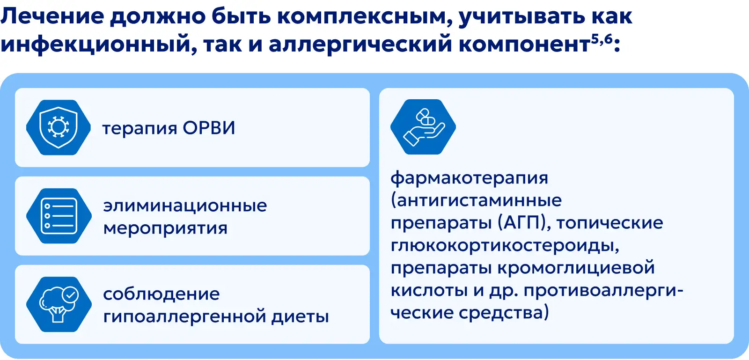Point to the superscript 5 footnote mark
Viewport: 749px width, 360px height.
[x=595, y=39]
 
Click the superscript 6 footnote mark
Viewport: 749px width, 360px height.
[x=608, y=39]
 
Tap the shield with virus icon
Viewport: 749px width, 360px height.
[x=59, y=127]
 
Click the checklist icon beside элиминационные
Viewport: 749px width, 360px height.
[x=59, y=216]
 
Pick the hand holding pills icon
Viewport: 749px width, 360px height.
[x=423, y=127]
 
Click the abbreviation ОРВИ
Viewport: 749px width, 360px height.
[x=209, y=128]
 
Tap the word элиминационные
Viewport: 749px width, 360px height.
[x=185, y=206]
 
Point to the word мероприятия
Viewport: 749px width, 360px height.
[x=165, y=228]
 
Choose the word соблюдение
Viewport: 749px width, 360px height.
[x=161, y=294]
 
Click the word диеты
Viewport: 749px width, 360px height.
[x=300, y=316]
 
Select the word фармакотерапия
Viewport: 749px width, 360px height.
[x=469, y=177]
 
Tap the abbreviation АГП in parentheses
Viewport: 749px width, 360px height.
[x=524, y=222]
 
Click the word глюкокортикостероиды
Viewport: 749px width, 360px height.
[x=505, y=246]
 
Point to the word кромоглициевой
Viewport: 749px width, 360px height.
[x=576, y=268]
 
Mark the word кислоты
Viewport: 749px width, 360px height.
[x=429, y=290]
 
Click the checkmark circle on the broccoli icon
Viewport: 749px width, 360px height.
[x=70, y=295]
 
